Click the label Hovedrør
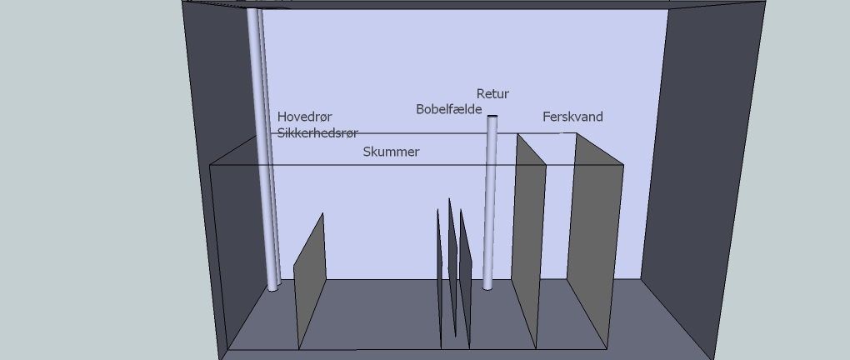click(304, 117)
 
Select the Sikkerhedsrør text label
click(317, 133)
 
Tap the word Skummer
click(391, 152)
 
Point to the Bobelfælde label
click(448, 109)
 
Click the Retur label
click(492, 94)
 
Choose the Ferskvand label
click(572, 117)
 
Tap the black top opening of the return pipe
click(492, 116)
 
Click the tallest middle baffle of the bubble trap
click(452, 267)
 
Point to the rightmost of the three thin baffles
click(465, 279)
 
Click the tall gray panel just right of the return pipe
click(528, 242)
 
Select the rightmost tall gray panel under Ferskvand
click(595, 242)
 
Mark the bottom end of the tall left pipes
click(273, 287)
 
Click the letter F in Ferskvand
click(547, 117)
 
